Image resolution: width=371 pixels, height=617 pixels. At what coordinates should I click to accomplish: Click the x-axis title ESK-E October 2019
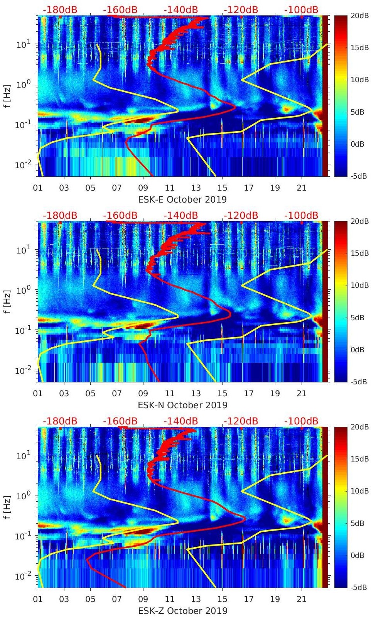(x=182, y=199)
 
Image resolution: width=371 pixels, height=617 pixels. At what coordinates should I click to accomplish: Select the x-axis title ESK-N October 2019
(x=182, y=405)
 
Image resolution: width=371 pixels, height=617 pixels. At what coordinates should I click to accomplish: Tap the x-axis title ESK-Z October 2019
(x=182, y=611)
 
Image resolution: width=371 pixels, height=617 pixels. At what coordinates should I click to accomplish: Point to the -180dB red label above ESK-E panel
(x=60, y=10)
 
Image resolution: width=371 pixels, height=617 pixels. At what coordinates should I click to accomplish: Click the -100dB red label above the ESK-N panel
(x=301, y=215)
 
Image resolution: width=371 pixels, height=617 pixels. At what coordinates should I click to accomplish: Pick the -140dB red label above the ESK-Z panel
(x=180, y=421)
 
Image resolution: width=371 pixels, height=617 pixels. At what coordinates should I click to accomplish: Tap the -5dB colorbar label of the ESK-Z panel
(x=357, y=588)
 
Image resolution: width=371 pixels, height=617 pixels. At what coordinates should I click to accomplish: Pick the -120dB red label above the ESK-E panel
(x=241, y=10)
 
